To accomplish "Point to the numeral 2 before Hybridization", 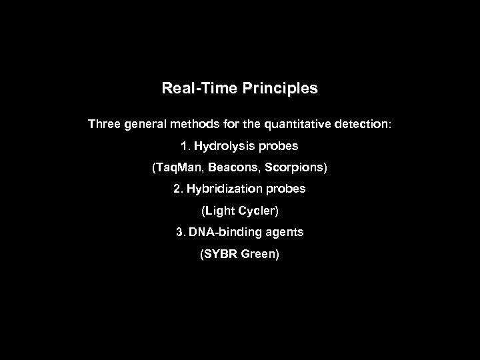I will (x=177, y=189).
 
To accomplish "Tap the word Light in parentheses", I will (x=221, y=211).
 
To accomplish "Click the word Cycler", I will (x=259, y=211).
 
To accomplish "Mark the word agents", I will (x=284, y=233).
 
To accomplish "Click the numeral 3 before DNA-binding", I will (x=179, y=232).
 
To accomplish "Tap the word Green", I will (x=261, y=254).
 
